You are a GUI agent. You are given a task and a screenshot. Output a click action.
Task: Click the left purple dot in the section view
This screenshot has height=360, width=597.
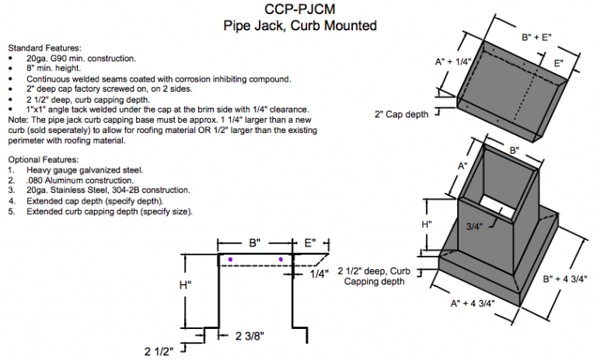click(x=231, y=258)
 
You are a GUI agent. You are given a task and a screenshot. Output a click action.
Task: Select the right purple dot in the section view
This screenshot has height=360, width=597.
click(x=281, y=258)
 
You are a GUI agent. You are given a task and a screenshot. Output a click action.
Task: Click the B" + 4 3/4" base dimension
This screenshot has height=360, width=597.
click(x=564, y=278)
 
